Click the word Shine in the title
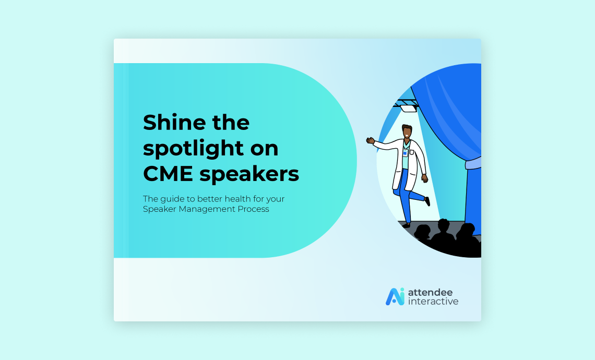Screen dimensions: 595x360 coord(174,122)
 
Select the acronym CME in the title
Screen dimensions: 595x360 coord(168,174)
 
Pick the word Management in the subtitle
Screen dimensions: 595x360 coord(207,209)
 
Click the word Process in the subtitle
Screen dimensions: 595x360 coord(254,209)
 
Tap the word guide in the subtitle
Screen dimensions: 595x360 coord(172,199)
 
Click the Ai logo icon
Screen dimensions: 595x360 coord(395,297)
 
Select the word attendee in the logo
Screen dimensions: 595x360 coord(430,293)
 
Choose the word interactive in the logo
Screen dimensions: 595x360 coord(433,302)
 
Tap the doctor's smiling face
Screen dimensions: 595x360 coord(407,133)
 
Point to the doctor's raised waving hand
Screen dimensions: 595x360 coord(371,141)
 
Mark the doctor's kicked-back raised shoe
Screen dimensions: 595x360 coord(427,201)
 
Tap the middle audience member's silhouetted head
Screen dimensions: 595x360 coord(443,226)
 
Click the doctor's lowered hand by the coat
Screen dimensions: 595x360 coord(425,178)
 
